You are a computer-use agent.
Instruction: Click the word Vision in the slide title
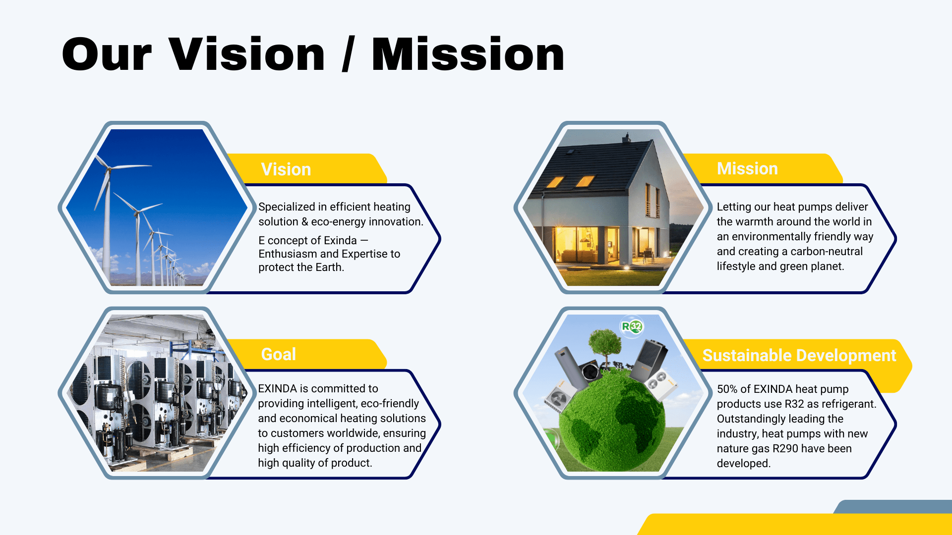247,54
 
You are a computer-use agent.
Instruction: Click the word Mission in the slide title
468,54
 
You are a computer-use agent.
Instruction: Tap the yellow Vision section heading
286,169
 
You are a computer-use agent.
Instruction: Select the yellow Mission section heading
747,168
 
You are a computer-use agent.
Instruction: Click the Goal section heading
279,354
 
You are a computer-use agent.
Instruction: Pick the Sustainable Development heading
799,355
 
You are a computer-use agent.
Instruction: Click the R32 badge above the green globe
632,326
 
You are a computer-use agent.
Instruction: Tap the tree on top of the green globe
605,347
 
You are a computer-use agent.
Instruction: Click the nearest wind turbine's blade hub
109,167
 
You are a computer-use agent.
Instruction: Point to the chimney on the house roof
627,138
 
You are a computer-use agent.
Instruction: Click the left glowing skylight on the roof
555,182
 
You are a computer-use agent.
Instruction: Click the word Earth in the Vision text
330,267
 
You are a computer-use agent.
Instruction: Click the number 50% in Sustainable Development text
727,389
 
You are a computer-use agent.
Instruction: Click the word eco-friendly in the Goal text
390,404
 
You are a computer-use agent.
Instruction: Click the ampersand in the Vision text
305,222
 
